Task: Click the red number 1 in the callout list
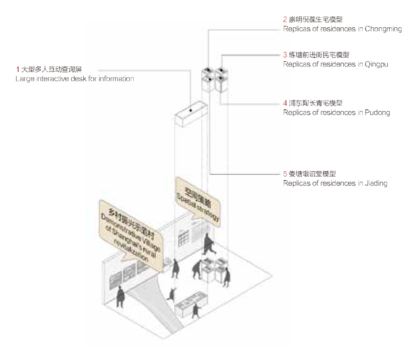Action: tap(17, 70)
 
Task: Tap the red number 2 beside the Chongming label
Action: tap(285, 19)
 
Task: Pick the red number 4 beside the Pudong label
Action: tap(285, 103)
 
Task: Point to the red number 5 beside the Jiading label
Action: tap(285, 173)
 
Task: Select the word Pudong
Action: tap(378, 113)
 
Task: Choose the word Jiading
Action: tap(376, 183)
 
